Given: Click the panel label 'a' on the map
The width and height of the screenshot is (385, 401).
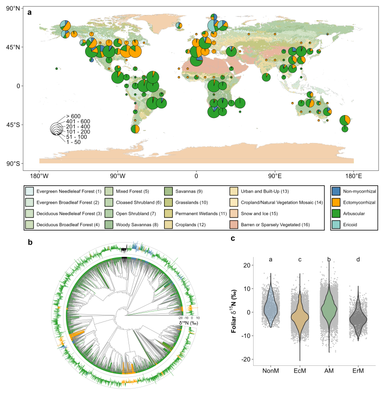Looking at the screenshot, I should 30,13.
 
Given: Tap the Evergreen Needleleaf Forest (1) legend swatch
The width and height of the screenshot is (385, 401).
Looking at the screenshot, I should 29,192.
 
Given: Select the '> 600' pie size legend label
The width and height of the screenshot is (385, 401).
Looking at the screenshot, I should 74,116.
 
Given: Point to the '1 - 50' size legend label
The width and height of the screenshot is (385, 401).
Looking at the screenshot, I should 74,142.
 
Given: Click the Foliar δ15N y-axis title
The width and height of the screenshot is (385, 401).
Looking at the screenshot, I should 234,312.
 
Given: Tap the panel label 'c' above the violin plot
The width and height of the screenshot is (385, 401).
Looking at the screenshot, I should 233,238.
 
